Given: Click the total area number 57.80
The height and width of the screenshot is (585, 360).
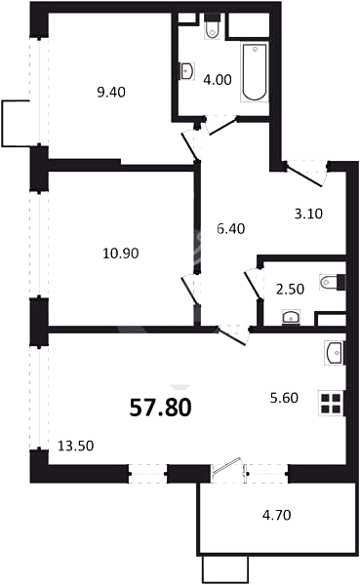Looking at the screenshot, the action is (x=161, y=407).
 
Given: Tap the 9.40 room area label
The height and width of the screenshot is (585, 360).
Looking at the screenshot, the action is (x=111, y=93).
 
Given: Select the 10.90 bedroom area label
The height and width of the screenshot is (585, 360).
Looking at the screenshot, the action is (x=121, y=253).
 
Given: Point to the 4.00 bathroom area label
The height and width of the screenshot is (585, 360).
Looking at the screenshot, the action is (x=218, y=80).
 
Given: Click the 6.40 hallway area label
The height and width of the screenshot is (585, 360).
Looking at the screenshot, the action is (x=231, y=228).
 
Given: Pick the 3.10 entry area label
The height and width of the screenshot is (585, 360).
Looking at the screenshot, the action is (x=308, y=214).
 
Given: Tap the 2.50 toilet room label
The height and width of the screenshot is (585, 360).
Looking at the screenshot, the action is (x=290, y=289).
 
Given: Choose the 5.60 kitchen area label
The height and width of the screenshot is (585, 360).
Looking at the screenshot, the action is (x=284, y=398).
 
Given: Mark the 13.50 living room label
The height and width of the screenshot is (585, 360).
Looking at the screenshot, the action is (x=76, y=446).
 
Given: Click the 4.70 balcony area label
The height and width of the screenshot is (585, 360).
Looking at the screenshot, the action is (x=277, y=515).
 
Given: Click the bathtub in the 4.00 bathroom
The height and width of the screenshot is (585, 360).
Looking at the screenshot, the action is (x=255, y=72).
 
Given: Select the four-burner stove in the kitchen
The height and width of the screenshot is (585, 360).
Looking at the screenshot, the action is (x=331, y=404).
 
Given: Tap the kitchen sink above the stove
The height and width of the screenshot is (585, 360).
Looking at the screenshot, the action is (x=334, y=353).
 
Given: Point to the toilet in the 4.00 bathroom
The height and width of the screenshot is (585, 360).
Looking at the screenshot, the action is (x=213, y=27).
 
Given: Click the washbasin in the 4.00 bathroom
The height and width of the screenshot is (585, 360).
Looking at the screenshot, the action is (x=186, y=71).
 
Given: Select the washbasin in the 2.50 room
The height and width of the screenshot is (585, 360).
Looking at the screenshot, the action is (x=292, y=317).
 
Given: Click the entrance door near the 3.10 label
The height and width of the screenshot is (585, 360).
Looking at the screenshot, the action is (x=305, y=175).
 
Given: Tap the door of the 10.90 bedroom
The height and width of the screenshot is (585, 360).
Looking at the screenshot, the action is (x=189, y=290).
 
